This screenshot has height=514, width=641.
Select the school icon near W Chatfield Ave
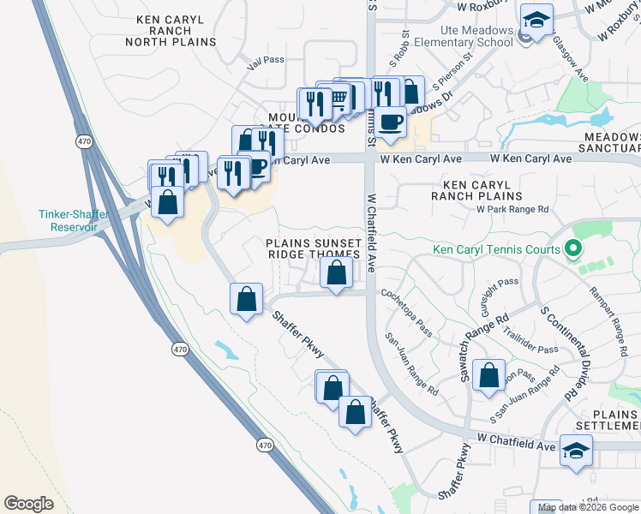[x=576, y=450]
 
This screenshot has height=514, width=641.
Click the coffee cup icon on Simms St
[x=390, y=121]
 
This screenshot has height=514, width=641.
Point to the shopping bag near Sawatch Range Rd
[x=488, y=375]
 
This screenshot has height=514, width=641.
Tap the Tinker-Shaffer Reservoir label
[x=73, y=220]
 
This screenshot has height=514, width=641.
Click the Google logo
[x=28, y=503]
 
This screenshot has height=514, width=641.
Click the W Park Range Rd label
[x=512, y=208]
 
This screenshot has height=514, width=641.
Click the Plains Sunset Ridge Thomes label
[x=313, y=248]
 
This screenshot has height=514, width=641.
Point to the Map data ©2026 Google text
[x=588, y=507]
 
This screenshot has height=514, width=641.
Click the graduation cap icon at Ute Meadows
[x=537, y=20]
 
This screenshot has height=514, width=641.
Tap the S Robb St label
[x=398, y=51]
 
